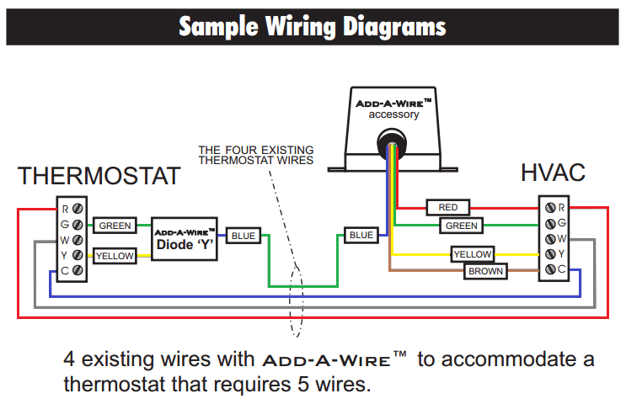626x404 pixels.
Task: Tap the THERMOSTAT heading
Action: (x=99, y=176)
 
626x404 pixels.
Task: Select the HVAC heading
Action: (x=552, y=173)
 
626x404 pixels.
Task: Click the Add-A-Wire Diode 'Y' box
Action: (x=185, y=239)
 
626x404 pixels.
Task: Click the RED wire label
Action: (x=448, y=207)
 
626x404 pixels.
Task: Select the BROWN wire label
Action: (x=485, y=271)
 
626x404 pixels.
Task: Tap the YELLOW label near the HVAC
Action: (x=473, y=254)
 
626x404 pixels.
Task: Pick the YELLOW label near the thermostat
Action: (x=115, y=255)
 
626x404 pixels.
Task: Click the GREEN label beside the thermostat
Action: (x=115, y=226)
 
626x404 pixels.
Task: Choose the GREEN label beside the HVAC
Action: (x=461, y=226)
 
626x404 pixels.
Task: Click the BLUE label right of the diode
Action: (x=243, y=236)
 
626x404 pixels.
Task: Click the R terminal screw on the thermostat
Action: (x=78, y=208)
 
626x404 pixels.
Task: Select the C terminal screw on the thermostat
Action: (x=78, y=270)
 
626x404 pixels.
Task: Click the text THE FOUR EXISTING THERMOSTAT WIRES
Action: (x=255, y=155)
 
